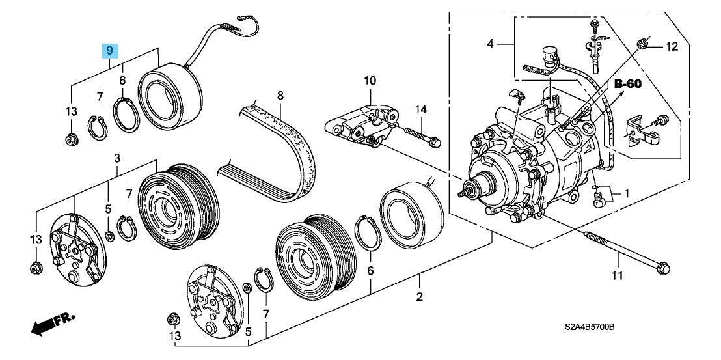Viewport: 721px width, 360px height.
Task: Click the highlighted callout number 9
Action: pos(109,50)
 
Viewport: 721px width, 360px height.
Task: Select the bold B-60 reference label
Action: pos(628,84)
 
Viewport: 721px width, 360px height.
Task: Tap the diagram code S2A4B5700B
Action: pos(590,327)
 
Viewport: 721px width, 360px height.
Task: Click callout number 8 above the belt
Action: pos(280,96)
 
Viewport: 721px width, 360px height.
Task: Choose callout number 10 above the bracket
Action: pos(370,81)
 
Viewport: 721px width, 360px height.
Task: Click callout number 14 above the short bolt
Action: pos(421,109)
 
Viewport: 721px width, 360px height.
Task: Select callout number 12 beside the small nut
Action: pos(672,46)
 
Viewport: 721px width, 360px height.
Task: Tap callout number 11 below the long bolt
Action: pos(617,276)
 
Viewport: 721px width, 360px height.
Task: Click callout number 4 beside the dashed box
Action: pos(490,44)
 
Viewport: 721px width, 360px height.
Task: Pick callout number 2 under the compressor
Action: pos(419,297)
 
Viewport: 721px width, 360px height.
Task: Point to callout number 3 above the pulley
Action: pos(117,159)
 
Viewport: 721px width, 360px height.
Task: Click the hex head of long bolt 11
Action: pos(664,268)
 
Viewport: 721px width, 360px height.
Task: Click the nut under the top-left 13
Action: pos(71,139)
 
